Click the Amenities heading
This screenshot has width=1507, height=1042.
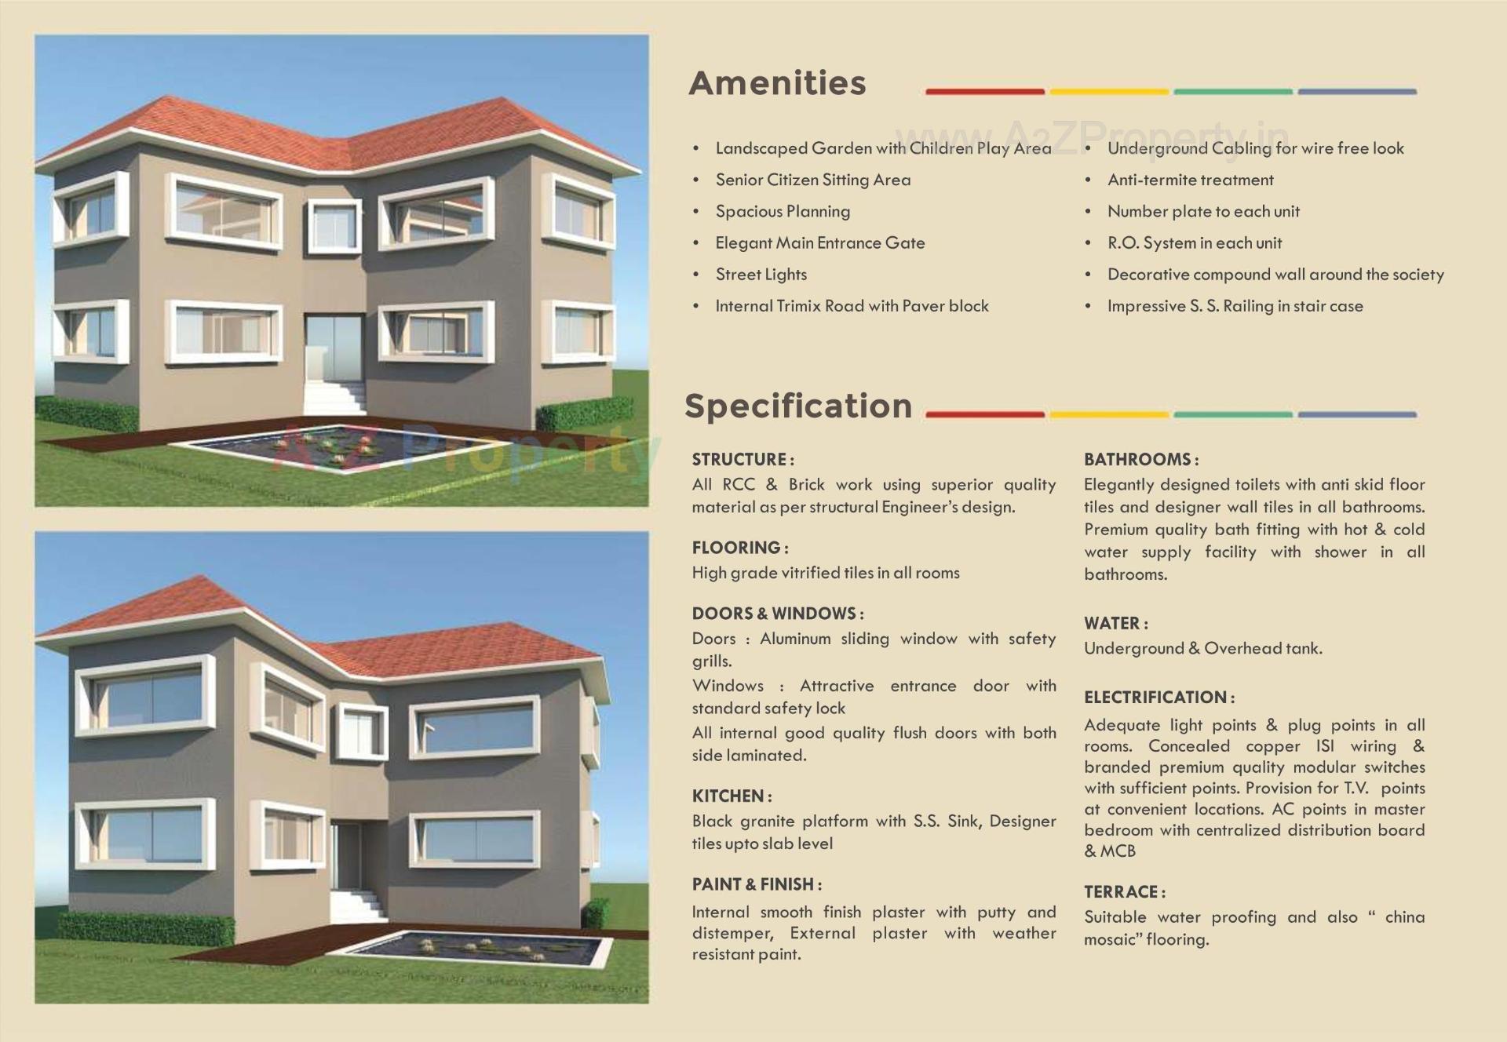click(x=777, y=83)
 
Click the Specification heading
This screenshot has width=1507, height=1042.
click(x=797, y=406)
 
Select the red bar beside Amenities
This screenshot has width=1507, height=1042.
click(x=984, y=92)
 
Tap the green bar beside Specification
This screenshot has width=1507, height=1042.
click(x=1232, y=414)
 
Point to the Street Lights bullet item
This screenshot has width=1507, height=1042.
click(x=761, y=275)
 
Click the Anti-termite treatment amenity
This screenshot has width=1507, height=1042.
click(x=1190, y=180)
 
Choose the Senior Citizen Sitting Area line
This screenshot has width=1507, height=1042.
click(x=812, y=180)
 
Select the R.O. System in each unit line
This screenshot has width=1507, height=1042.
click(x=1194, y=243)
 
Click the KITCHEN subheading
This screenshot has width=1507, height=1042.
click(x=731, y=796)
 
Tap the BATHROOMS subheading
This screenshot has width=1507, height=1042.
click(x=1140, y=459)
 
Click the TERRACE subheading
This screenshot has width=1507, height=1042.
click(x=1124, y=891)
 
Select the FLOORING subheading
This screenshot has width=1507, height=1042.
click(x=739, y=547)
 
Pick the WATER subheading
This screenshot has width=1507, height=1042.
click(x=1115, y=623)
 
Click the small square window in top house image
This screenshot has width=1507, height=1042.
click(x=335, y=226)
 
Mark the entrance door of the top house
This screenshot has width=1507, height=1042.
click(x=334, y=346)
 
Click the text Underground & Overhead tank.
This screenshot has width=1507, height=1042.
click(x=1202, y=648)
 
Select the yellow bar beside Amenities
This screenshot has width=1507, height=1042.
click(x=1108, y=92)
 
